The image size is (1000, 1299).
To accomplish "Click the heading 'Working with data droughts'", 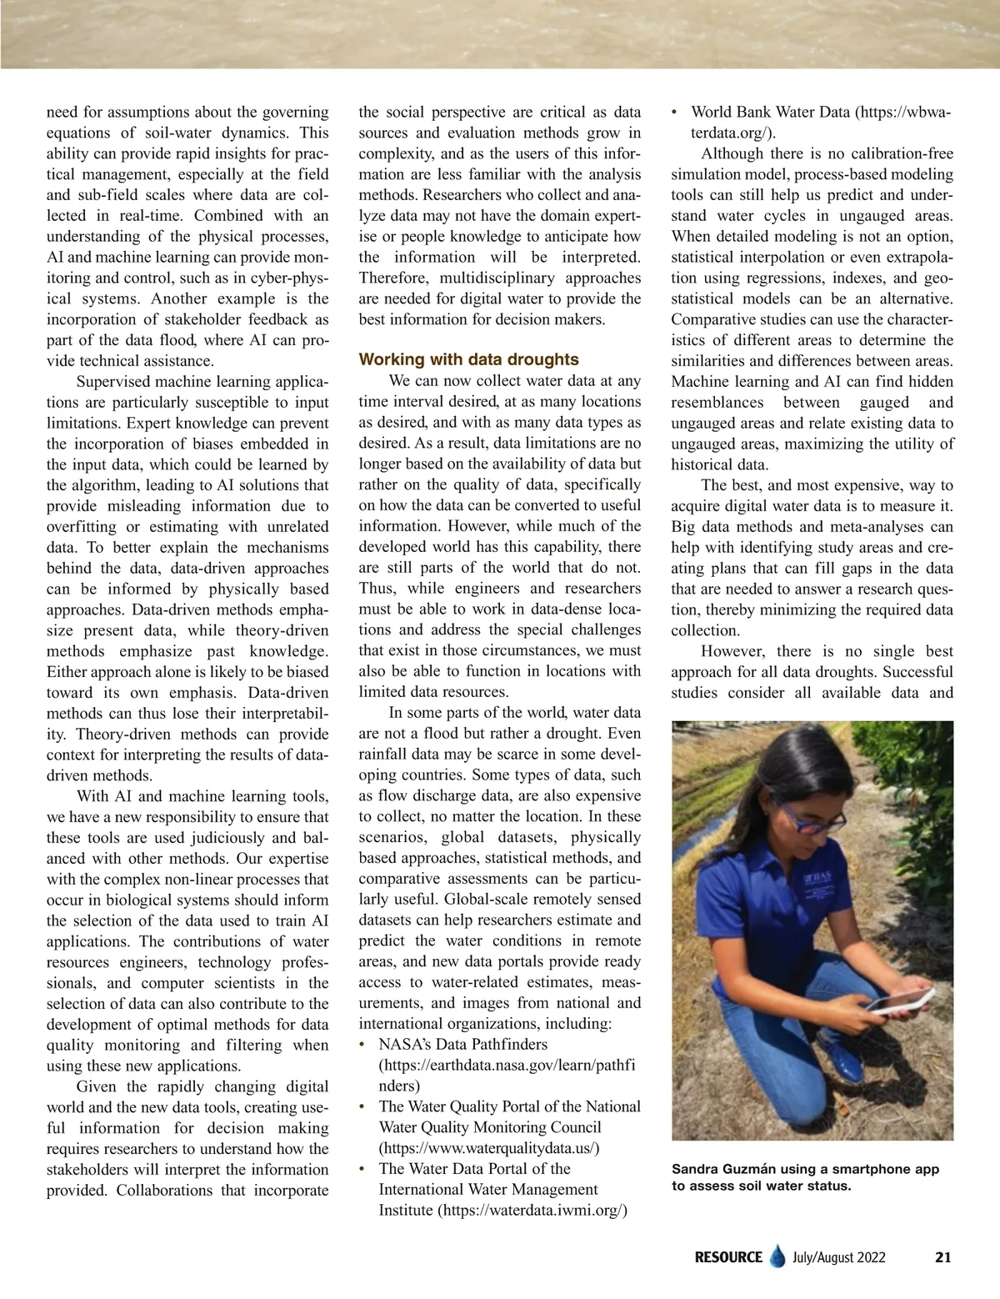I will pyautogui.click(x=468, y=359).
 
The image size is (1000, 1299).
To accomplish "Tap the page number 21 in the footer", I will pyautogui.click(x=942, y=1256).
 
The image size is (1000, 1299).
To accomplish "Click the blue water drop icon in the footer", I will pyautogui.click(x=777, y=1256).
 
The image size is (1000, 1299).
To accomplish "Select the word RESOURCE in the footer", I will pyautogui.click(x=728, y=1256).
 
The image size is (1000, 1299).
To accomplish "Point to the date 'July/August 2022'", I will pyautogui.click(x=839, y=1256).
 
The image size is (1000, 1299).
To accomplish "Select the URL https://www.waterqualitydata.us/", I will pyautogui.click(x=489, y=1147).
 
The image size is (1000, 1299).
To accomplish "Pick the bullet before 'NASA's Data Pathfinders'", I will pyautogui.click(x=362, y=1045).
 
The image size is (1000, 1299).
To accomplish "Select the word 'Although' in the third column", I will pyautogui.click(x=732, y=153).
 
